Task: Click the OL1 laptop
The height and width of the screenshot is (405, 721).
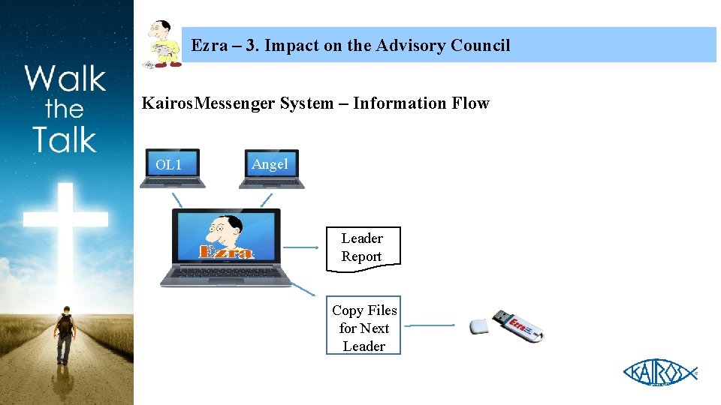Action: [x=172, y=167]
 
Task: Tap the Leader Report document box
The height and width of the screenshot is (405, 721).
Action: [x=363, y=247]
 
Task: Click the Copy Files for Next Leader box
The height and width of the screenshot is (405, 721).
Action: [x=364, y=328]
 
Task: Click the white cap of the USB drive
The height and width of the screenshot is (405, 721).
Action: [x=479, y=326]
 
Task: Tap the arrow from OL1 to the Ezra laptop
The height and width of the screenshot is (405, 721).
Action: [x=177, y=199]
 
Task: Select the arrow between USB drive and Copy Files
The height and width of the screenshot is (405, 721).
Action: [x=433, y=325]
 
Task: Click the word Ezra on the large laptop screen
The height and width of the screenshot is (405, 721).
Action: [x=225, y=250]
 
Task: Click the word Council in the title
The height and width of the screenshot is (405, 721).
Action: [x=480, y=46]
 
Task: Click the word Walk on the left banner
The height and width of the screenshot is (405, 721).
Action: [x=65, y=78]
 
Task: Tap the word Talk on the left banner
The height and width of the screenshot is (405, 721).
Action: [x=65, y=140]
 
